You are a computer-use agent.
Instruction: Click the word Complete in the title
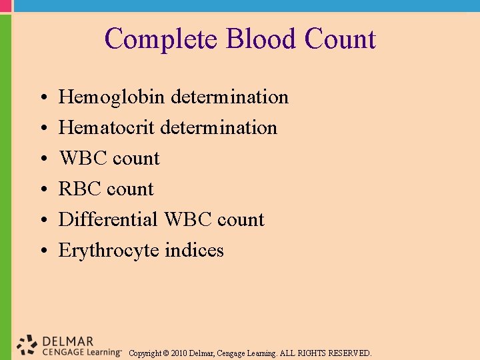click(x=162, y=39)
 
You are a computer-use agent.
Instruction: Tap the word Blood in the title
click(x=262, y=39)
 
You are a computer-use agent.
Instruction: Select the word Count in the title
click(x=340, y=39)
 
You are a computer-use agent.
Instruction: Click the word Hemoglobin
click(x=112, y=97)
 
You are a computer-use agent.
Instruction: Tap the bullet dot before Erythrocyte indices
click(x=42, y=252)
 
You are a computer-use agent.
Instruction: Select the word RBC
click(x=80, y=189)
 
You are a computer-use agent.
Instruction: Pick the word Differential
click(x=108, y=220)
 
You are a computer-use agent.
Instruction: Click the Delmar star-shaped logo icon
click(x=27, y=345)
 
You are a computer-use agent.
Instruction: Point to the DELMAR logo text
click(x=67, y=341)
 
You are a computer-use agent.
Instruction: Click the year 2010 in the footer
click(x=179, y=353)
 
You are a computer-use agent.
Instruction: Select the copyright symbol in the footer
click(x=165, y=353)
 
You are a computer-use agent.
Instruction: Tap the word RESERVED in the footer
click(x=350, y=353)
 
